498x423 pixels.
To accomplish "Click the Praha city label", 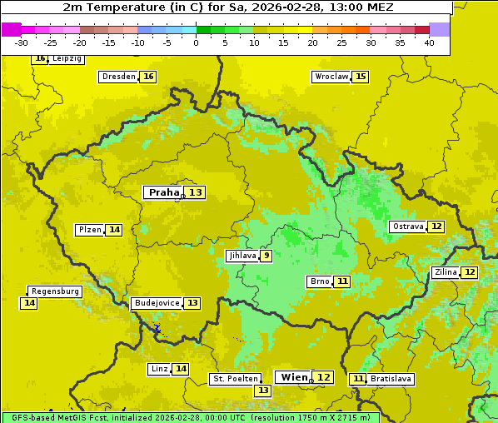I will pyautogui.click(x=163, y=192).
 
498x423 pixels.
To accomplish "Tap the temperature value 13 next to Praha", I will pyautogui.click(x=195, y=192).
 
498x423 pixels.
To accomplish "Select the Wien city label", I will pyautogui.click(x=294, y=377).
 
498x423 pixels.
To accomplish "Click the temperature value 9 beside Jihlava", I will pyautogui.click(x=266, y=256).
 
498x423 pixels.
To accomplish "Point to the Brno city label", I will pyautogui.click(x=319, y=281).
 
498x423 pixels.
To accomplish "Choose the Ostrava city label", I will pyautogui.click(x=408, y=226).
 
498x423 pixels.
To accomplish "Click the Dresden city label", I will pyautogui.click(x=118, y=77).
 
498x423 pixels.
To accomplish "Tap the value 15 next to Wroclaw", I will pyautogui.click(x=361, y=77).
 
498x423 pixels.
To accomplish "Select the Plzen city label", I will pyautogui.click(x=90, y=230).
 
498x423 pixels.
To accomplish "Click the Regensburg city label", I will pyautogui.click(x=55, y=291).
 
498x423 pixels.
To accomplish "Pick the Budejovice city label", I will pyautogui.click(x=156, y=303).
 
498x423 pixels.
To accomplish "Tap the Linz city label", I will pyautogui.click(x=159, y=369).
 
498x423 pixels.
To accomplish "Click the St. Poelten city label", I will pyautogui.click(x=236, y=379).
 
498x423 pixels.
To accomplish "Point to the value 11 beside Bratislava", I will pyautogui.click(x=358, y=379).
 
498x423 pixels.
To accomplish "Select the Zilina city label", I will pyautogui.click(x=446, y=272).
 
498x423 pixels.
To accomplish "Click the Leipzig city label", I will pyautogui.click(x=67, y=59).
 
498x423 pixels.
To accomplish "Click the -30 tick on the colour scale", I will pyautogui.click(x=22, y=42).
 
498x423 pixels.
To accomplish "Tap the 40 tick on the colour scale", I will pyautogui.click(x=429, y=42).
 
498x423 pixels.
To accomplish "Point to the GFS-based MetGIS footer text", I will pyautogui.click(x=190, y=417).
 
